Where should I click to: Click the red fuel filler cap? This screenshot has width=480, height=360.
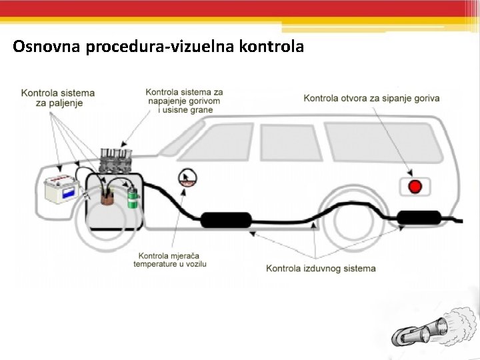coord(415,186)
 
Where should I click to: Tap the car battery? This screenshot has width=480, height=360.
coord(62,189)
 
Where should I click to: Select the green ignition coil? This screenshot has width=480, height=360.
coord(133,198)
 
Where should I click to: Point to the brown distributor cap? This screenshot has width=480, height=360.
coord(107,194)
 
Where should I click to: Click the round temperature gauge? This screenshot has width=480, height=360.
coord(188,178)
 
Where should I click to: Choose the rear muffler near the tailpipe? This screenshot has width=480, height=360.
coord(419,217)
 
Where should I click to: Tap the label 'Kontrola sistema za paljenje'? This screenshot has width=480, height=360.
coord(58,98)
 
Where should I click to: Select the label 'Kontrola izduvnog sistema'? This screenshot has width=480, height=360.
coord(321,269)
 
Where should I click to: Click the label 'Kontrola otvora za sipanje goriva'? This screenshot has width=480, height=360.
coord(371,99)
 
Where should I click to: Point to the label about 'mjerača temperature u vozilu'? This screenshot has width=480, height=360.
coord(170,260)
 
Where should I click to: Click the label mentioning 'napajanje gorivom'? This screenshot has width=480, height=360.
coord(185,101)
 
